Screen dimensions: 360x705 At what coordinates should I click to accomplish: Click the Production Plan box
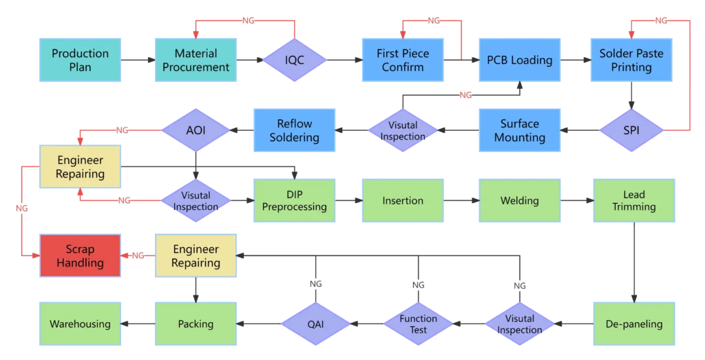click(x=80, y=61)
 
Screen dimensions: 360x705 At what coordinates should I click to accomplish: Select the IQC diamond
click(x=295, y=61)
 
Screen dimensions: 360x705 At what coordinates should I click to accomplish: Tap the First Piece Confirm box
click(x=403, y=61)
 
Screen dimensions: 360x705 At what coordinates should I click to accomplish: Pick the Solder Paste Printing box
click(x=631, y=61)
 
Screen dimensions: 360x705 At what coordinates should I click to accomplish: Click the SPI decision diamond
click(x=631, y=130)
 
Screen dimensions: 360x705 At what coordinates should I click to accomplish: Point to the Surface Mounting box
click(x=519, y=130)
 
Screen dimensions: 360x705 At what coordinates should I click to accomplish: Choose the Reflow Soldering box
click(x=295, y=130)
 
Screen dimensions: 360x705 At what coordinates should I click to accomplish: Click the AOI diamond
click(x=196, y=130)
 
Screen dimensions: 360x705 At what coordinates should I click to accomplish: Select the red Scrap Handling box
click(x=80, y=256)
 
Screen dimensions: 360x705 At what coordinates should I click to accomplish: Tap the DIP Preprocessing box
click(x=295, y=201)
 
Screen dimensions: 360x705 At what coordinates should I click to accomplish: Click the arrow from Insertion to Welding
click(x=461, y=201)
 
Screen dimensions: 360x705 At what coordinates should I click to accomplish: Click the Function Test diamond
click(x=418, y=324)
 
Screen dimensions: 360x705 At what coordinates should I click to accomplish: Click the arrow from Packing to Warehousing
click(x=138, y=324)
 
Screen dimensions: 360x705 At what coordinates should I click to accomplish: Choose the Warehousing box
click(x=80, y=324)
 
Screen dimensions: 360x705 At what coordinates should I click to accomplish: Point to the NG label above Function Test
click(x=418, y=284)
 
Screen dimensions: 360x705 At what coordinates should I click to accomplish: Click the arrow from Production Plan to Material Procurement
click(x=138, y=61)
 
